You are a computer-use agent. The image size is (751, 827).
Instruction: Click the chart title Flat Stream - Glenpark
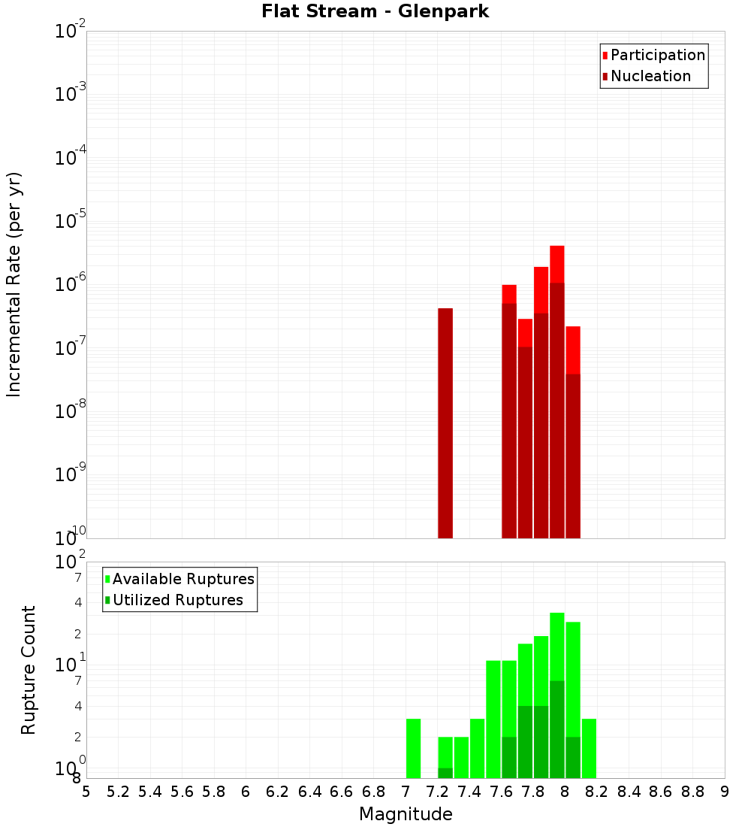click(375, 11)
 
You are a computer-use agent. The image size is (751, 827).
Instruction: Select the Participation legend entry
click(657, 55)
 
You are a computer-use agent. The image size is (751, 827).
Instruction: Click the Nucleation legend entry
click(650, 76)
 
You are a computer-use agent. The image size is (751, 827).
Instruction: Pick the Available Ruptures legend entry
click(182, 579)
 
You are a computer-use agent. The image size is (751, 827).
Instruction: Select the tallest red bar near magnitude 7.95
click(556, 391)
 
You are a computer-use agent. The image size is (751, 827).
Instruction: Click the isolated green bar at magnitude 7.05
click(413, 748)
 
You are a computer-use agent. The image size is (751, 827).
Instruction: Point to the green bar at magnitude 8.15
click(589, 748)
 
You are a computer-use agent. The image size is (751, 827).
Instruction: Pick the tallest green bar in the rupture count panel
click(556, 695)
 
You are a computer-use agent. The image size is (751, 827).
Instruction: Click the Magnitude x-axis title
click(406, 814)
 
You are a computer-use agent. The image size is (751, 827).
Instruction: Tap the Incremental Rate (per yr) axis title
click(14, 284)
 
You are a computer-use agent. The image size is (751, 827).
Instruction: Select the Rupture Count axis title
click(29, 669)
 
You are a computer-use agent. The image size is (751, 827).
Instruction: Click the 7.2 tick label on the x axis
click(437, 792)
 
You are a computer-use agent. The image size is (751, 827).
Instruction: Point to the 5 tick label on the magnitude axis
click(86, 792)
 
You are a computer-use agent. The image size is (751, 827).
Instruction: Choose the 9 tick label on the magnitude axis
click(724, 792)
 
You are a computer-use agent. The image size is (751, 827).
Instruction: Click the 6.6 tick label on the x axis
click(342, 792)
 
